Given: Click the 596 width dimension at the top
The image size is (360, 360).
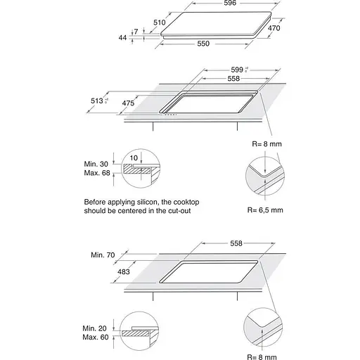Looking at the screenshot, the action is (230, 3).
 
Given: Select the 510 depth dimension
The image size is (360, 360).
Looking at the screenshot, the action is (160, 22).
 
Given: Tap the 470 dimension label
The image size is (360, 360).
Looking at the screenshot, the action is (274, 28).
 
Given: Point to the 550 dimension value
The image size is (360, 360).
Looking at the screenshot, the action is (203, 44).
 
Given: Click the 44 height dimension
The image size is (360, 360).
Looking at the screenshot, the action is (122, 37).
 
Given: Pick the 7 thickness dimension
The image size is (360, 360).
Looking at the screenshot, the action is (136, 32).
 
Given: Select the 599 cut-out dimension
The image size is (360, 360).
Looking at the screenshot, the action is (237, 70).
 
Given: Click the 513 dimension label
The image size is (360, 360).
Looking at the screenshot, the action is (97, 101).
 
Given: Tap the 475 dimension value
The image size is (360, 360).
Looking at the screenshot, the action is (128, 103).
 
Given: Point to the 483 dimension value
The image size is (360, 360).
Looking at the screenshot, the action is (124, 271).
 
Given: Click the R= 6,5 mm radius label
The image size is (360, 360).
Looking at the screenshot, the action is (265, 210).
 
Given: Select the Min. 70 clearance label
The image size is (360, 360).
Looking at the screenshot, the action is (103, 255).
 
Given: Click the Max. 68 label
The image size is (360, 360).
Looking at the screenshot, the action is (97, 173).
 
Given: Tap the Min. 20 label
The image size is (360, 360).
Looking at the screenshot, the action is (94, 328).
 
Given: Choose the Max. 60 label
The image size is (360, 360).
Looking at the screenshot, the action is (96, 337).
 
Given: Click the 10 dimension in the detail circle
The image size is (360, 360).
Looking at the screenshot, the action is (134, 158).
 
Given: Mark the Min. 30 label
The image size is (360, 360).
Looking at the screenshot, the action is (96, 164).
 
